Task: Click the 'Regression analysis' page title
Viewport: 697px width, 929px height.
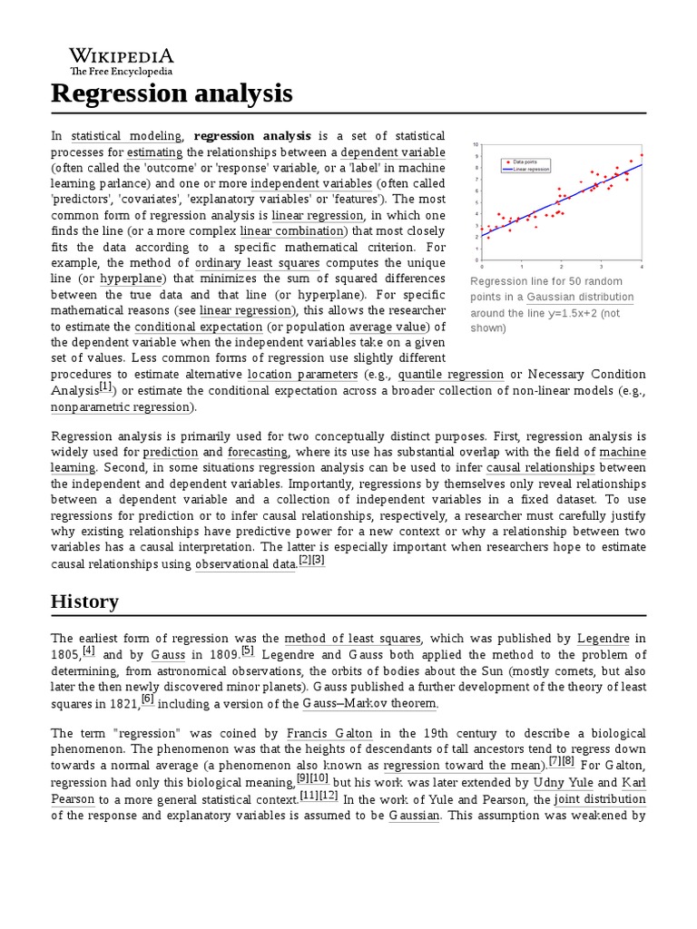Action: pyautogui.click(x=172, y=93)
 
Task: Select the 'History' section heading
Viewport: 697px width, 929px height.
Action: pyautogui.click(x=84, y=601)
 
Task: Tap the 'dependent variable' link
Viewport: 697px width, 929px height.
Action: pyautogui.click(x=393, y=152)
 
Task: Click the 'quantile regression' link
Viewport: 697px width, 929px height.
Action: pyautogui.click(x=450, y=374)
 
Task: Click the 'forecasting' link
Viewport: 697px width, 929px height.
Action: pyautogui.click(x=258, y=451)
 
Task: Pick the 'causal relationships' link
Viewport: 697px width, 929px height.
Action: pyautogui.click(x=540, y=467)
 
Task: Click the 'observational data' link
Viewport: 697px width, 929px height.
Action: pyautogui.click(x=245, y=564)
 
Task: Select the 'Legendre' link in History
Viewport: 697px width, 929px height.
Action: pyautogui.click(x=603, y=639)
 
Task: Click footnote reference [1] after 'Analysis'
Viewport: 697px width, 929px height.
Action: pyautogui.click(x=106, y=387)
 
